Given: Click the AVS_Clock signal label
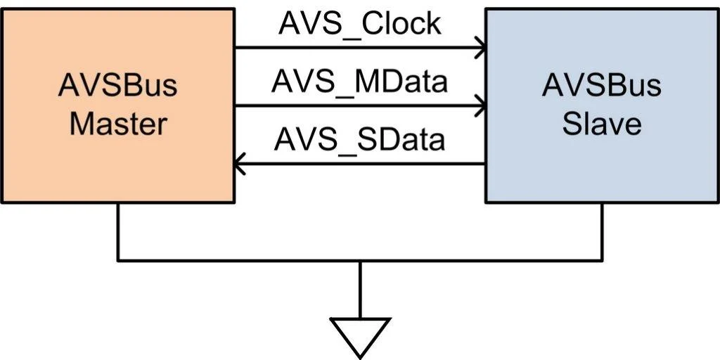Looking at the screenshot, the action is (x=359, y=25).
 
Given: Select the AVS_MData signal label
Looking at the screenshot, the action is (x=359, y=83).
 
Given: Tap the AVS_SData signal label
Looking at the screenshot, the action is (x=359, y=140).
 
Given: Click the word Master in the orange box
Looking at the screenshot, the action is (x=118, y=124).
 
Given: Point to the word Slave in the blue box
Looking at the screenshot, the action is (x=602, y=124).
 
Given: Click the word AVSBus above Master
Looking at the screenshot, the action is (x=117, y=86).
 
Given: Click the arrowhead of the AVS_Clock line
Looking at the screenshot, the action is (x=481, y=47).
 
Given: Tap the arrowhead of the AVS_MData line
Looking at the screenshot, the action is (x=481, y=105).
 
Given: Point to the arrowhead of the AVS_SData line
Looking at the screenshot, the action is (x=239, y=163).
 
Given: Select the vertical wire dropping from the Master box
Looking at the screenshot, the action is (x=118, y=231).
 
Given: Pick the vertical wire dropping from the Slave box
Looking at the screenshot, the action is (x=602, y=231).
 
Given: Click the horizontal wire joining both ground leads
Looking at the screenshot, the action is (x=360, y=260).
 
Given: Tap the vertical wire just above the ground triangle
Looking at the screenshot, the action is (x=360, y=290).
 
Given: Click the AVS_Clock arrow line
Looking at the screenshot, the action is (x=361, y=47).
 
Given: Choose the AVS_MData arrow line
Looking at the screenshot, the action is (x=361, y=105).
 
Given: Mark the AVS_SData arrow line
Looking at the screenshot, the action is (x=360, y=163).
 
